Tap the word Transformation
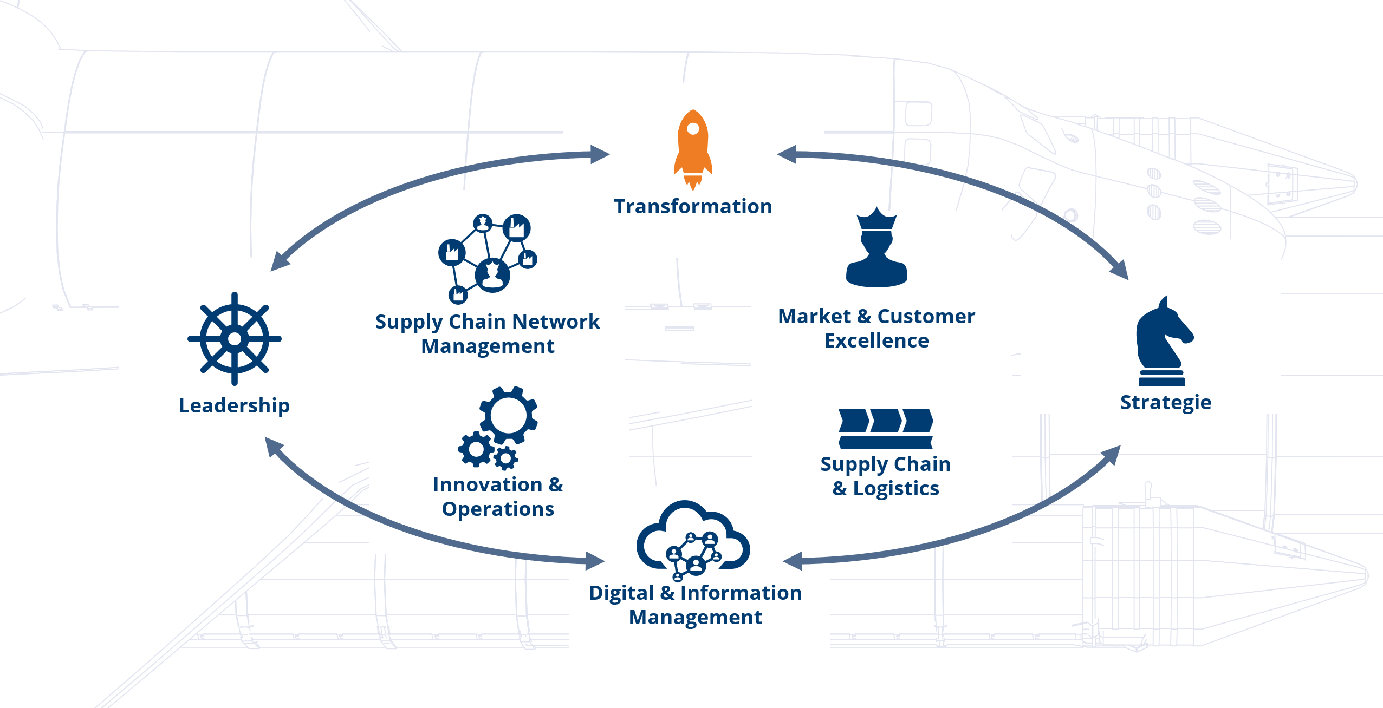(x=693, y=206)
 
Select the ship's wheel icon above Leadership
(x=235, y=339)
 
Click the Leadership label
(x=234, y=405)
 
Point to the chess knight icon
(x=1163, y=341)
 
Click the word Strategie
(x=1165, y=402)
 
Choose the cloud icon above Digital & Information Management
(x=693, y=539)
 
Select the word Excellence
(x=876, y=340)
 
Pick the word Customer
(x=926, y=316)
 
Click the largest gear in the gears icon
(x=509, y=415)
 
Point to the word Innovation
(x=487, y=484)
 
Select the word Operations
(x=498, y=509)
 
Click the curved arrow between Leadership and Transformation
(x=412, y=184)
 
